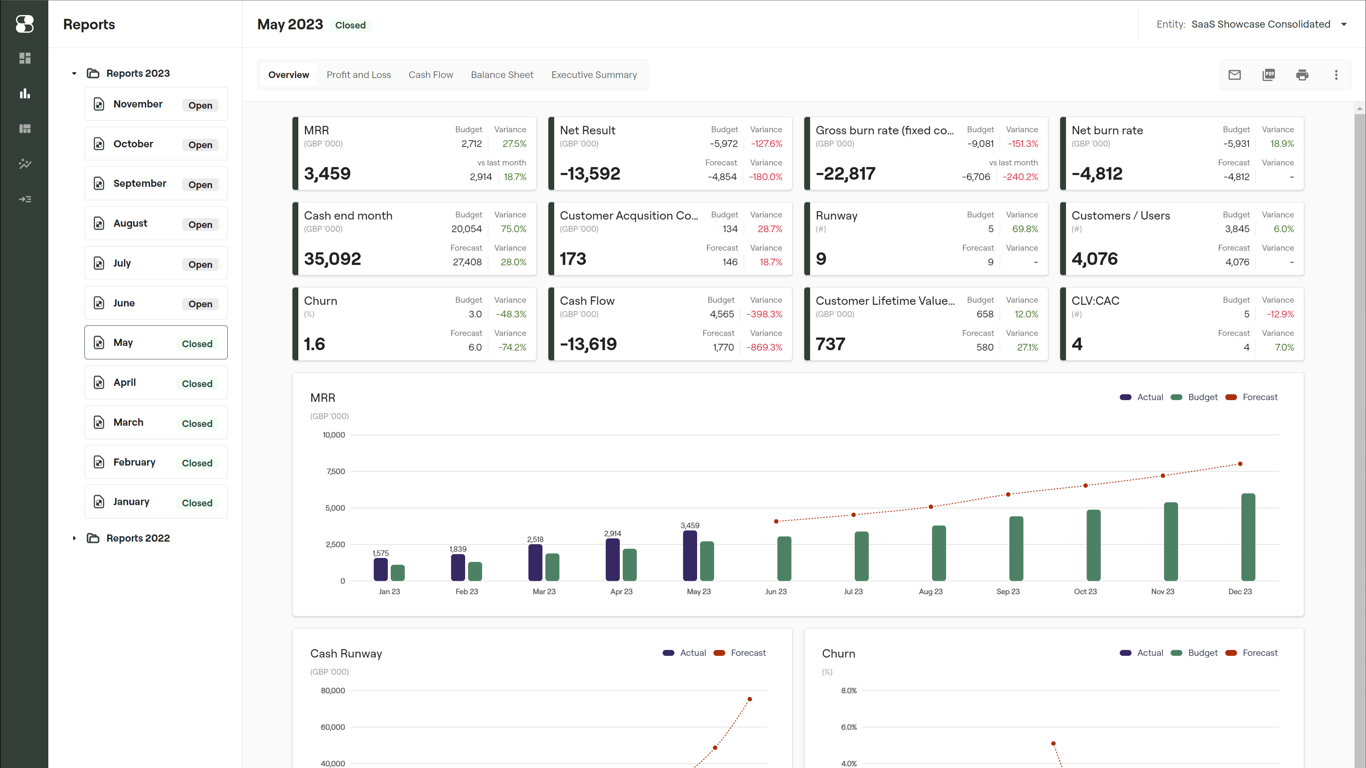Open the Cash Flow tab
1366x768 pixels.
click(x=431, y=75)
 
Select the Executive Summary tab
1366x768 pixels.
click(x=594, y=75)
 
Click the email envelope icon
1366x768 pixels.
click(x=1234, y=75)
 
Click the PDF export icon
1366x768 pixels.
click(x=1269, y=75)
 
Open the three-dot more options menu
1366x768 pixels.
click(x=1336, y=75)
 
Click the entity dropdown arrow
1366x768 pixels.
click(x=1344, y=24)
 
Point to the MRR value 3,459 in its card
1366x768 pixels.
click(x=327, y=173)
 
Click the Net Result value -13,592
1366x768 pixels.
click(x=590, y=173)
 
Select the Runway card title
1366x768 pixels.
click(x=836, y=216)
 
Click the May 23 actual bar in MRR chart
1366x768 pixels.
click(x=690, y=556)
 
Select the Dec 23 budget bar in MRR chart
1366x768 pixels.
click(x=1248, y=537)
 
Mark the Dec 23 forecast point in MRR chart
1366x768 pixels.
click(x=1240, y=464)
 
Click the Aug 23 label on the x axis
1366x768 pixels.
click(x=931, y=592)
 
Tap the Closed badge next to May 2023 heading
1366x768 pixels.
click(x=350, y=25)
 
